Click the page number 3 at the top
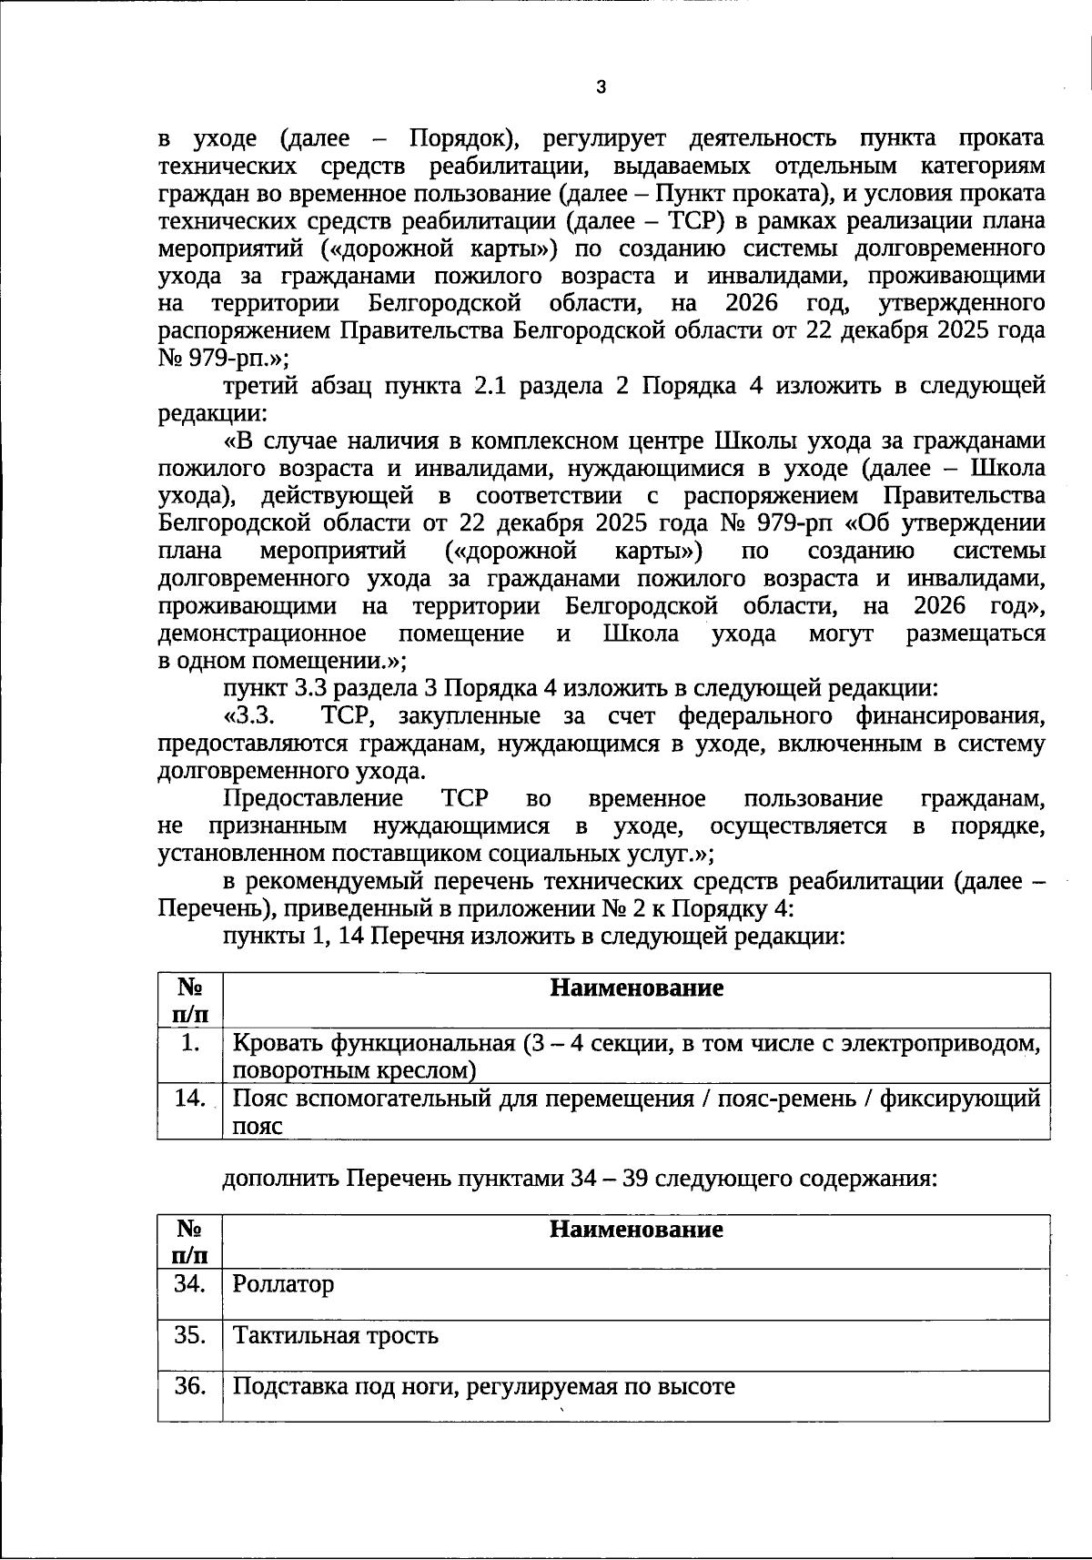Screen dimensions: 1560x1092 pos(600,87)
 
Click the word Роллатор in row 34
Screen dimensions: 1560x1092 pos(283,1284)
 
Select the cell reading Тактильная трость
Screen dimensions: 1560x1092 pos(336,1335)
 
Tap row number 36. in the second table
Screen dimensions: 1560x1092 pos(190,1386)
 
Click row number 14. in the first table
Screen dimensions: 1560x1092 pos(190,1098)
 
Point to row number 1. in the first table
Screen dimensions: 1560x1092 pos(190,1043)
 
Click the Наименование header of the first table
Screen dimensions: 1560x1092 pos(636,988)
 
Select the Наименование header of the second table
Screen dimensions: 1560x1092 pos(636,1230)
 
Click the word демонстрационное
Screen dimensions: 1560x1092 pos(262,633)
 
